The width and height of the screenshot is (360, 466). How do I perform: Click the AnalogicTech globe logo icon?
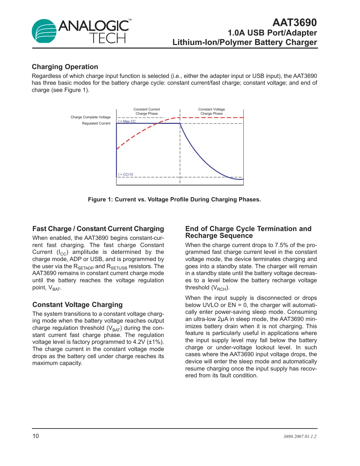pyautogui.click(x=44, y=31)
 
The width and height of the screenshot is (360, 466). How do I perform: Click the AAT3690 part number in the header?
pyautogui.click(x=294, y=22)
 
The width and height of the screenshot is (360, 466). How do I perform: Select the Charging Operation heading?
pyautogui.click(x=65, y=67)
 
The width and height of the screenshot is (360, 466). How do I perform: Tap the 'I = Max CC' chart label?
pyautogui.click(x=127, y=121)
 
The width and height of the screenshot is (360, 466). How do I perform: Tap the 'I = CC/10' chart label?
pyautogui.click(x=126, y=174)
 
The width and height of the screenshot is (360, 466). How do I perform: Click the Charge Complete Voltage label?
pyautogui.click(x=91, y=117)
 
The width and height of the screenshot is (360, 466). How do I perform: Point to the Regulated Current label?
pyautogui.click(x=96, y=123)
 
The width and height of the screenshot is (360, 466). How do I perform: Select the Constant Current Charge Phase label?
pyautogui.click(x=147, y=111)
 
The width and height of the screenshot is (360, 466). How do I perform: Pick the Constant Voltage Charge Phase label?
pyautogui.click(x=211, y=111)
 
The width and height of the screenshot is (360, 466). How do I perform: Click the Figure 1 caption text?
pyautogui.click(x=174, y=199)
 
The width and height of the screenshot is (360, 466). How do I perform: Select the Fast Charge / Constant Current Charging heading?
pyautogui.click(x=98, y=229)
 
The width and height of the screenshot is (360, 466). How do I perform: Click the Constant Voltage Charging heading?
pyautogui.click(x=78, y=305)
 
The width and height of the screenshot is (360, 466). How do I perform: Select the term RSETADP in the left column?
pyautogui.click(x=83, y=267)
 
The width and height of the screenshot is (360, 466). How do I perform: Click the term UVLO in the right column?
pyautogui.click(x=210, y=305)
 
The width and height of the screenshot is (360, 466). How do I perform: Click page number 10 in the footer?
pyautogui.click(x=36, y=436)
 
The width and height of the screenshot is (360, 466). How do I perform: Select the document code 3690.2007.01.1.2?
pyautogui.click(x=300, y=436)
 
